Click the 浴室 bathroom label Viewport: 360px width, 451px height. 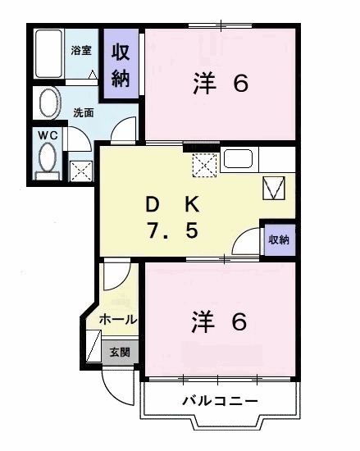coord(80,50)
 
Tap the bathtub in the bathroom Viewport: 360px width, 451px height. coord(50,55)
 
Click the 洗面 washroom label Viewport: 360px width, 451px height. coord(84,112)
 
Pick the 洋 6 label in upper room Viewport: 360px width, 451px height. coord(220,84)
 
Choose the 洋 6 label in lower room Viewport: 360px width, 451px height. coord(220,321)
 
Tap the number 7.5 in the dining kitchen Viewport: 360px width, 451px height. coord(172,231)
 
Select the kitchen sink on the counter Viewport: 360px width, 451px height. coord(240,160)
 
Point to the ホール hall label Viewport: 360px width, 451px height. coord(117,318)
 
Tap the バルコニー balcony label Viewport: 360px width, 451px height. coord(219,400)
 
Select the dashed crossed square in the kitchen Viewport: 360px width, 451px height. coord(203,163)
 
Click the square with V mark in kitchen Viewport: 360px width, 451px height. coord(273,189)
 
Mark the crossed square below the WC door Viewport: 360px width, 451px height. coord(80,171)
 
